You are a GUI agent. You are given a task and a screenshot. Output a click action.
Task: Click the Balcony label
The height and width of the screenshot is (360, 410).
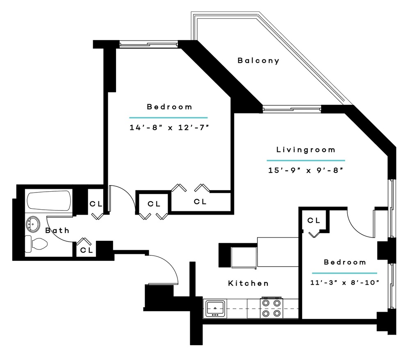258,61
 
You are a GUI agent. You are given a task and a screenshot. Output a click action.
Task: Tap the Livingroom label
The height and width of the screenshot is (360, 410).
305,149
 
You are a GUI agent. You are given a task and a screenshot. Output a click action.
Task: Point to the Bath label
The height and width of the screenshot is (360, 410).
57,231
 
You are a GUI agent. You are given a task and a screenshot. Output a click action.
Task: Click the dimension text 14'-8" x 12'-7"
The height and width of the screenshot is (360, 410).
169,127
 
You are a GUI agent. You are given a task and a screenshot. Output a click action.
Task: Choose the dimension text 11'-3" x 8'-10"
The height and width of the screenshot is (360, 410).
344,282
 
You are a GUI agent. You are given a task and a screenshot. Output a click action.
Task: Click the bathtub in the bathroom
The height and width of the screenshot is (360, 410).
49,201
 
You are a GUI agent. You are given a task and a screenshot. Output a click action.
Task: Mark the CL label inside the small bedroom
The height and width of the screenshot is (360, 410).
314,220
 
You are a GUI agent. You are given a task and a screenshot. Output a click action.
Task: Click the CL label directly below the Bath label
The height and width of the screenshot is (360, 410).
86,250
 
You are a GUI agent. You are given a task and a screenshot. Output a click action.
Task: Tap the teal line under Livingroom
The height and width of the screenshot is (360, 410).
305,160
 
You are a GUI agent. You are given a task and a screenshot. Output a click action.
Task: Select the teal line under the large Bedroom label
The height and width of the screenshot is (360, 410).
169,118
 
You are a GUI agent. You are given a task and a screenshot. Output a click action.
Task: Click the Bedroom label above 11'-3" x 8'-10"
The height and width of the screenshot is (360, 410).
345,262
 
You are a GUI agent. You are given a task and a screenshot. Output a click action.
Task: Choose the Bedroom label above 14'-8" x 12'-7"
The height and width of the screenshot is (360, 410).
169,107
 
